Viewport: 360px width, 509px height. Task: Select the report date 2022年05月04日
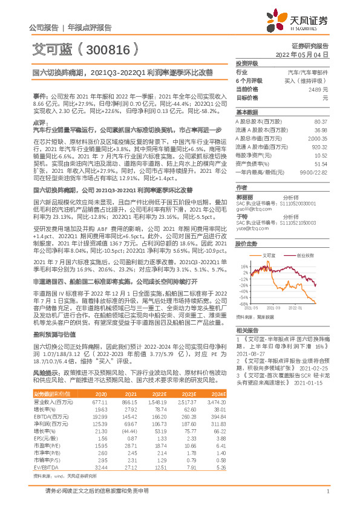pyautogui.click(x=304, y=54)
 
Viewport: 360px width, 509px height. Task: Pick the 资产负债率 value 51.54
pyautogui.click(x=321, y=164)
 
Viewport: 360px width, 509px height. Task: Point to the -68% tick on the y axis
pyautogui.click(x=243, y=304)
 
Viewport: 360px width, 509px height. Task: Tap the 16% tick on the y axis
pyautogui.click(x=244, y=248)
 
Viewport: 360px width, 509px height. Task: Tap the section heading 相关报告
pyautogui.click(x=247, y=330)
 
